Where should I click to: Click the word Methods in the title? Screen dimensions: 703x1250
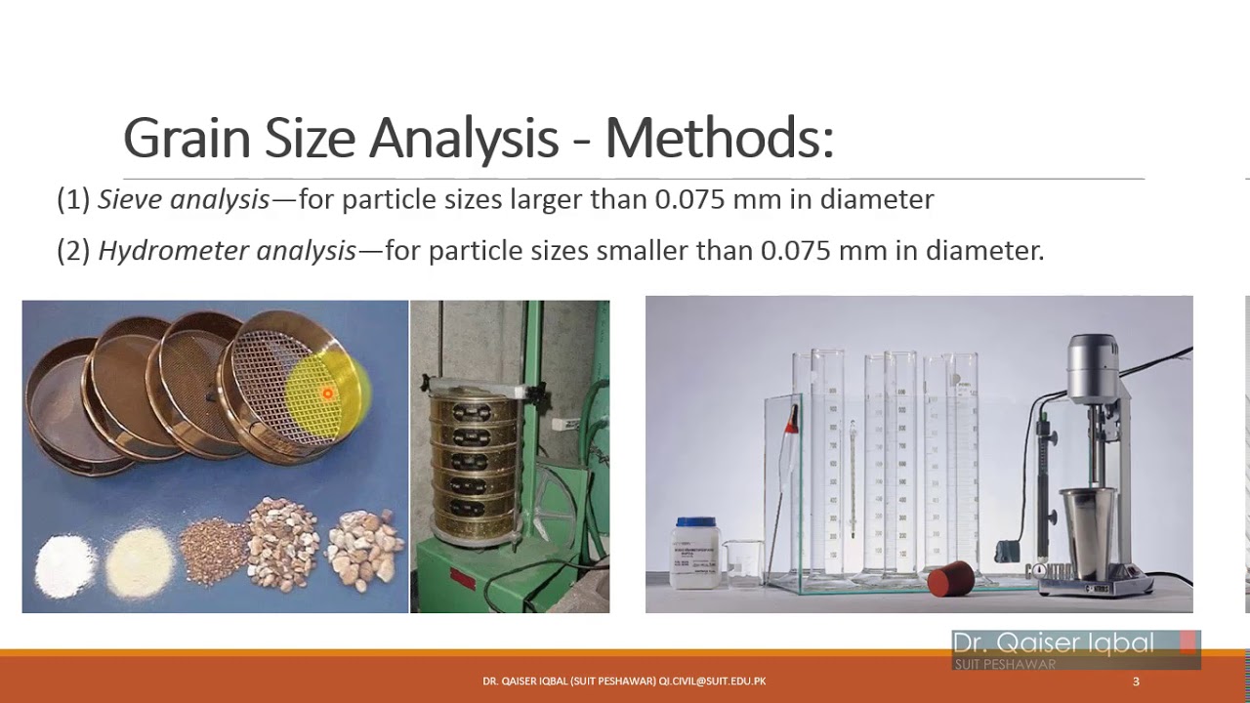719,139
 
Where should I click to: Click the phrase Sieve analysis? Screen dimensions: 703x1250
184,200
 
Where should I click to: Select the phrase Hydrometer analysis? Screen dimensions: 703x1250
227,251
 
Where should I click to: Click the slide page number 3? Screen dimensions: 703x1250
1136,681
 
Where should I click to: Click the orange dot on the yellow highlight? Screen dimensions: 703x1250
328,393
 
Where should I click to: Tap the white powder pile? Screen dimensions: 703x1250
66,563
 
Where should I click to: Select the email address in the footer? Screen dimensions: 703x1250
712,681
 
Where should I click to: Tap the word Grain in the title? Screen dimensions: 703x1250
186,139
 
